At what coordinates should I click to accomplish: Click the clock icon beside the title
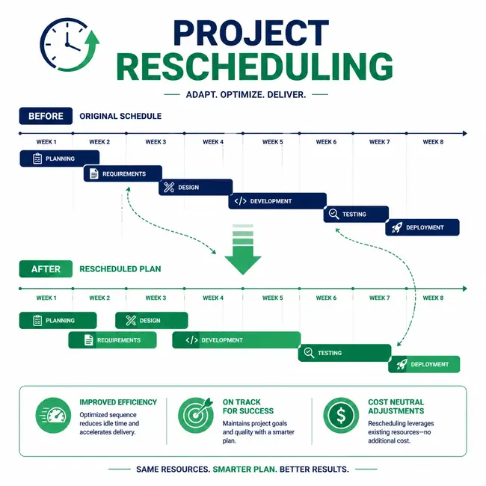click(67, 45)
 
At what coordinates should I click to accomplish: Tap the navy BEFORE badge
click(46, 116)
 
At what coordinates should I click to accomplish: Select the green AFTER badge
click(46, 268)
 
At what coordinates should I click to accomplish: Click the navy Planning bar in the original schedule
click(60, 159)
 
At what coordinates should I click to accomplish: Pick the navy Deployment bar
click(422, 227)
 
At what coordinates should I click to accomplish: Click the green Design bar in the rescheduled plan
click(152, 320)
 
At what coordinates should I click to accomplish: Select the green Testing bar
click(345, 353)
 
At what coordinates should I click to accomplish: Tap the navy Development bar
click(277, 201)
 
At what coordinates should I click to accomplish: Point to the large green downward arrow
click(243, 250)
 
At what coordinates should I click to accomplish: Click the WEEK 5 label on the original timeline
click(272, 142)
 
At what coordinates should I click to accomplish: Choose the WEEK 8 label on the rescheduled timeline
click(433, 298)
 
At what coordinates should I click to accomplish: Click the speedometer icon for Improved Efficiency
click(53, 415)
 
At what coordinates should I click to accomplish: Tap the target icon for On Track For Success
click(196, 415)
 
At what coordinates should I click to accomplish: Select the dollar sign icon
click(341, 415)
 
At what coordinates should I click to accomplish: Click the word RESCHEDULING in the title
click(255, 67)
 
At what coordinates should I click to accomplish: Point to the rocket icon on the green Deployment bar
click(402, 364)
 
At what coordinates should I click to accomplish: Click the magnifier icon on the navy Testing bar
click(333, 214)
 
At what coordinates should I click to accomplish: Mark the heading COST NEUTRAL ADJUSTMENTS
click(396, 406)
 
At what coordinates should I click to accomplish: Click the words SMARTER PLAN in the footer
click(244, 470)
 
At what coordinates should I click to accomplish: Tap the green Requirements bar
click(112, 340)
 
